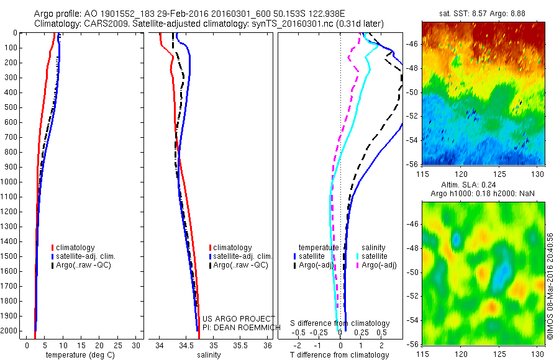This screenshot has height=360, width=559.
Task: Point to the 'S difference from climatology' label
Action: click(340, 323)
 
